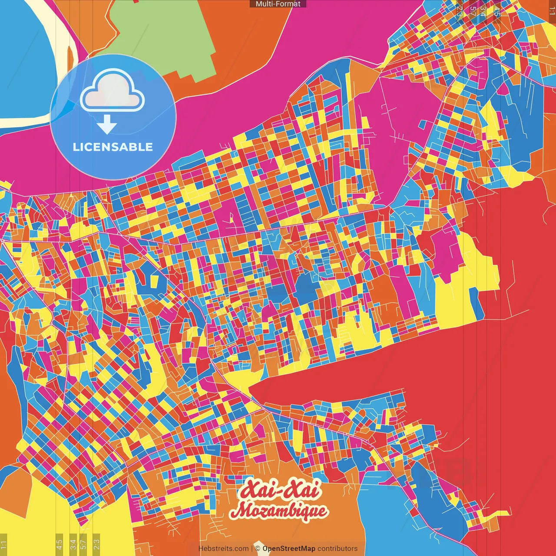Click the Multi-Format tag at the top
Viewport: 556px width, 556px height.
(x=278, y=4)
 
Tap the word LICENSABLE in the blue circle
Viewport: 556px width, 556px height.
(x=113, y=147)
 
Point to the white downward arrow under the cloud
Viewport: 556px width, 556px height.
(x=107, y=125)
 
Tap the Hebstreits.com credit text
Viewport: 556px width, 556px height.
(x=223, y=549)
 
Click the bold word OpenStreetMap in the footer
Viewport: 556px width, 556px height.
(x=288, y=549)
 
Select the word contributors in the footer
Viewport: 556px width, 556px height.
(x=338, y=549)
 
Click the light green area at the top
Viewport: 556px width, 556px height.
(x=165, y=39)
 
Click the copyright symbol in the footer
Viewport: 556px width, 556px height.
(x=257, y=549)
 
